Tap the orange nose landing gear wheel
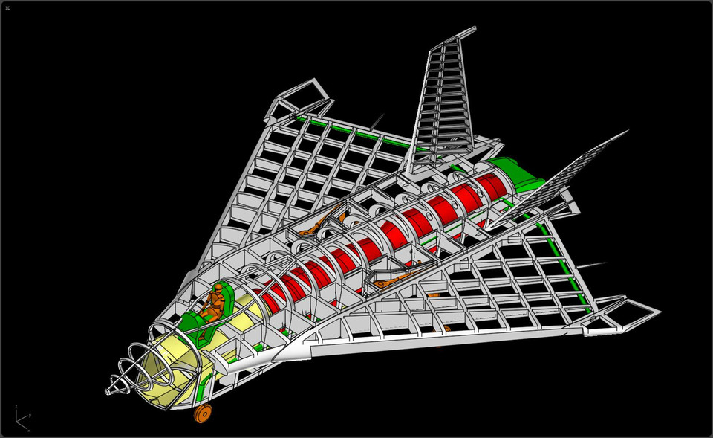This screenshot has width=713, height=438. pos(201,413)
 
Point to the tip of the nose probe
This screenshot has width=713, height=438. pos(107,393)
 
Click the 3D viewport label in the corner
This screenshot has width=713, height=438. pos(7,8)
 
